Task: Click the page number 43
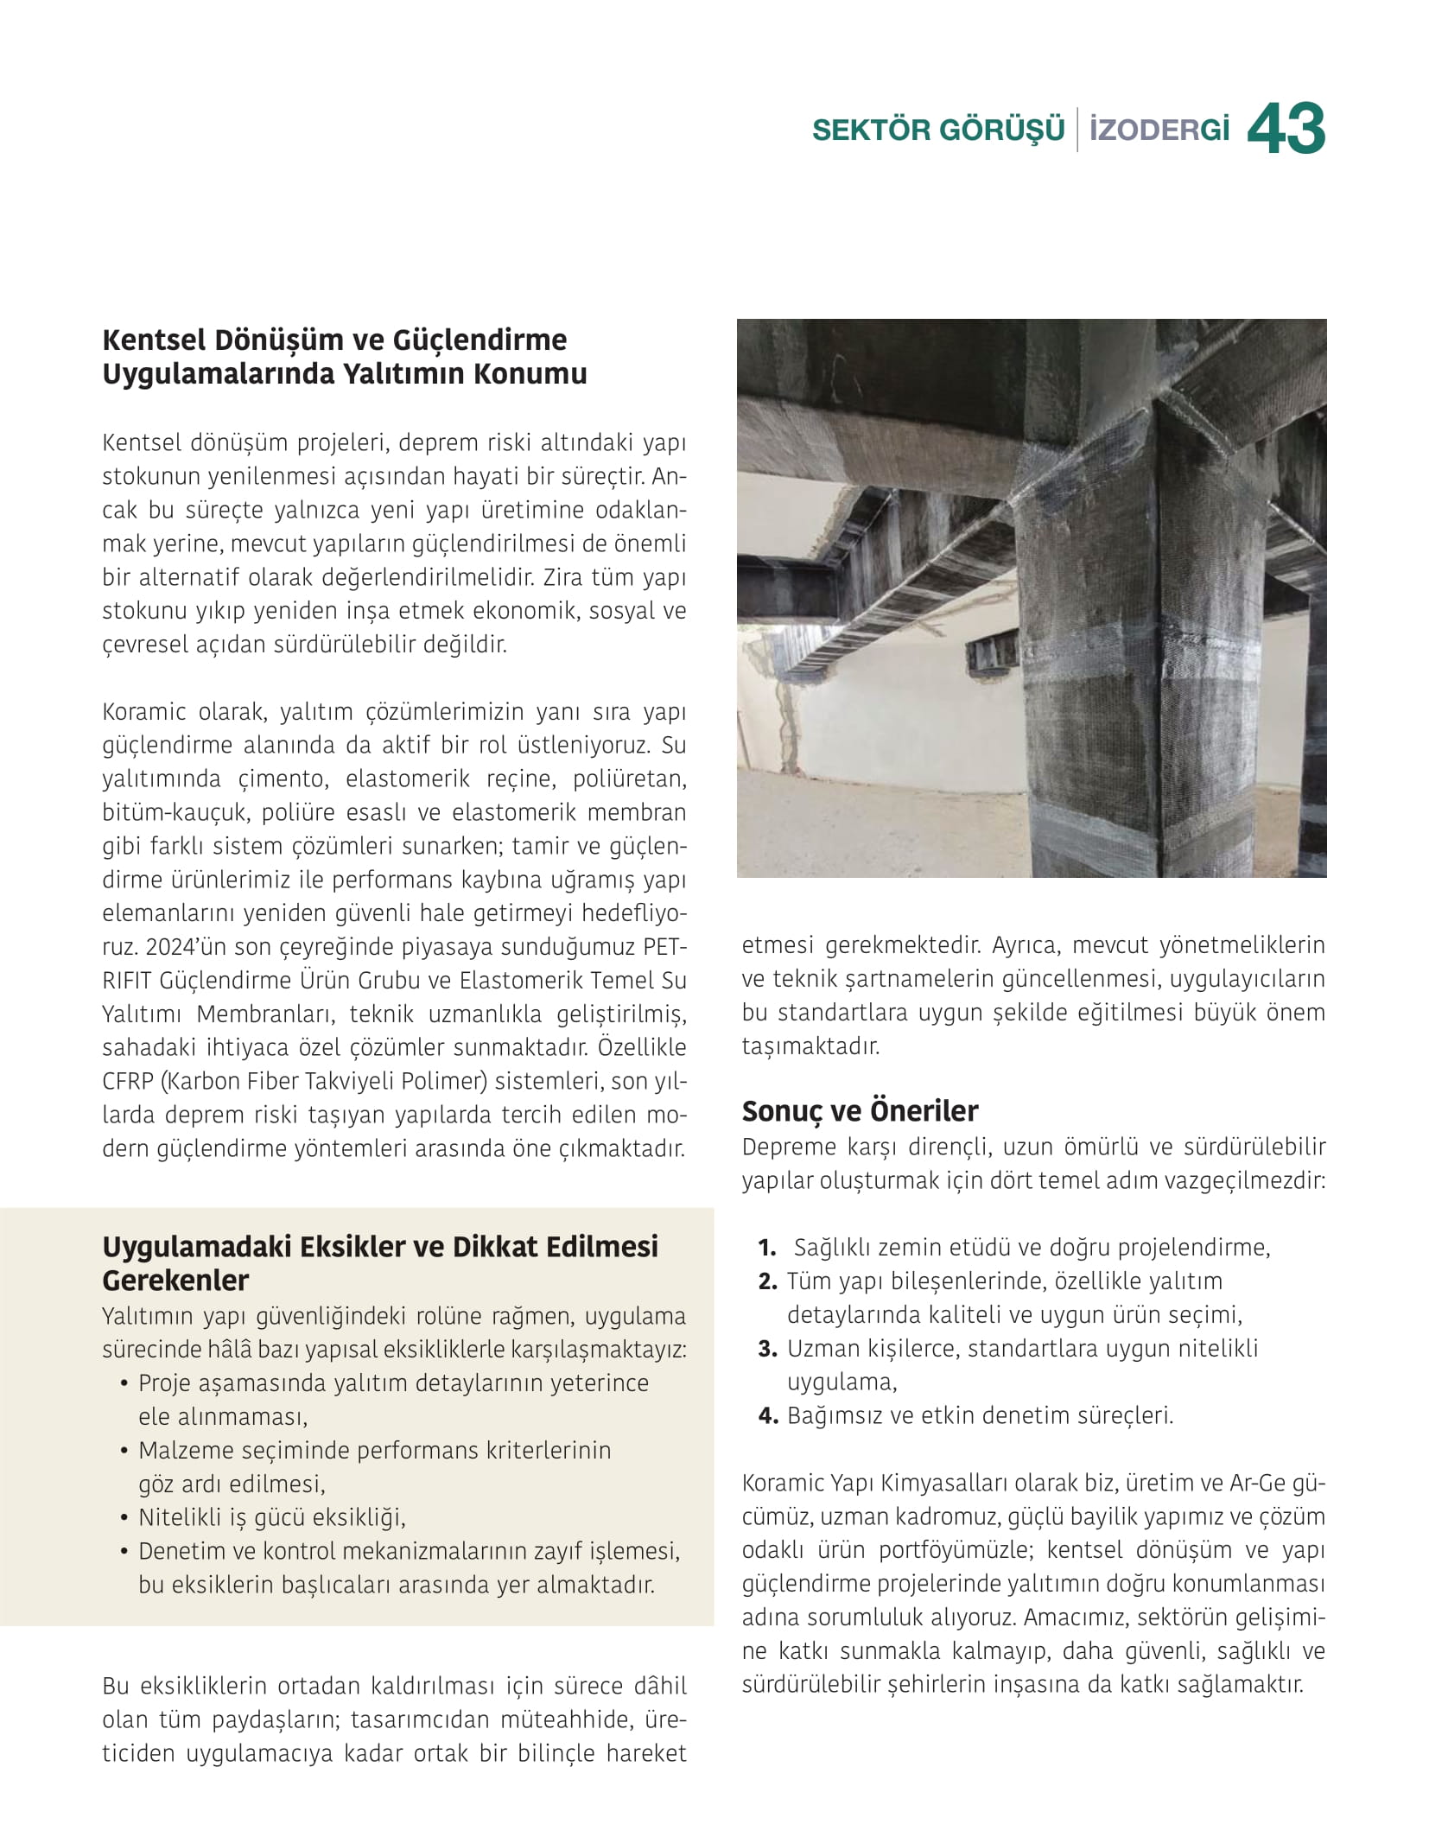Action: tap(1286, 130)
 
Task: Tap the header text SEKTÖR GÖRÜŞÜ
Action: tap(938, 130)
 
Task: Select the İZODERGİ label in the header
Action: tap(1159, 130)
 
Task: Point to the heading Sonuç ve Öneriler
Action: tap(860, 1111)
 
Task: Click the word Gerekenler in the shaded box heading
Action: tap(175, 1281)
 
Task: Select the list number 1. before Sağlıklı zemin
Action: tap(767, 1248)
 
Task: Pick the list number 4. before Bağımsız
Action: tap(768, 1416)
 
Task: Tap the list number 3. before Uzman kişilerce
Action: tap(768, 1349)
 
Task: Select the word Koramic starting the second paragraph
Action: tap(143, 712)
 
